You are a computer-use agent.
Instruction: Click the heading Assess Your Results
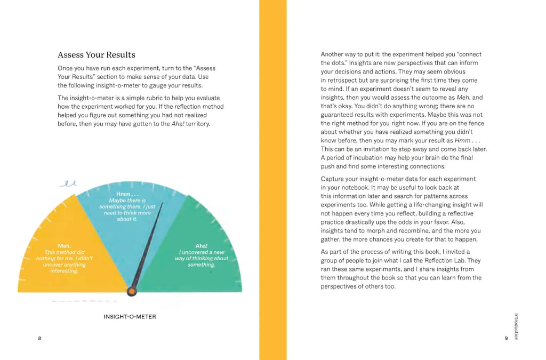pyautogui.click(x=97, y=55)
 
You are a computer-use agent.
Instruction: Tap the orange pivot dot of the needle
pyautogui.click(x=132, y=291)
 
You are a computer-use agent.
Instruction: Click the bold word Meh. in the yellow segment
pyautogui.click(x=64, y=246)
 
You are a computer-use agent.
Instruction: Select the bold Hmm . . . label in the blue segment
pyautogui.click(x=127, y=194)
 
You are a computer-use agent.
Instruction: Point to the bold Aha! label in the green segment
pyautogui.click(x=201, y=246)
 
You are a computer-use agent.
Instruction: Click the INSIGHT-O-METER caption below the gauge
pyautogui.click(x=130, y=317)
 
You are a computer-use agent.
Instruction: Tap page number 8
pyautogui.click(x=39, y=338)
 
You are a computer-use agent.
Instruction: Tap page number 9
pyautogui.click(x=506, y=338)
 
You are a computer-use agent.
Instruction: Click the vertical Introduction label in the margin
pyautogui.click(x=516, y=326)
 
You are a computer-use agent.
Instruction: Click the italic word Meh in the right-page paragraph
pyautogui.click(x=462, y=98)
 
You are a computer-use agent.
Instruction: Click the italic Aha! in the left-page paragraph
pyautogui.click(x=170, y=124)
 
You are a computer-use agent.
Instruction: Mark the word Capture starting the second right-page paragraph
pyautogui.click(x=333, y=179)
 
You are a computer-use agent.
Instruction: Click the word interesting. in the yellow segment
pyautogui.click(x=65, y=271)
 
